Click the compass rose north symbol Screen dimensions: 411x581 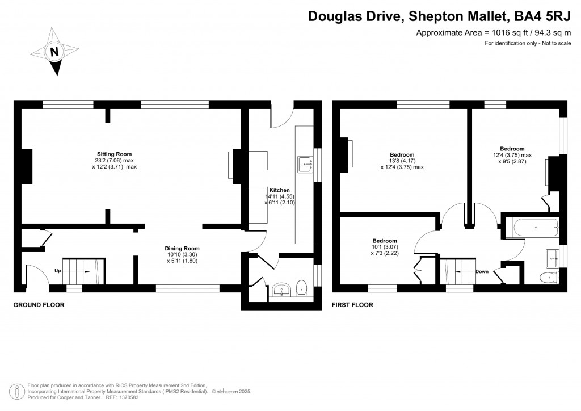[x=54, y=52]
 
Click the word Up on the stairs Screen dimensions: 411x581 [x=58, y=271]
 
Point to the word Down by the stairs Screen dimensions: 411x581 [x=482, y=272]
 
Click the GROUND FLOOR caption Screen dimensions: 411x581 [x=39, y=305]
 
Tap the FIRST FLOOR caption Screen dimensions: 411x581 [x=352, y=305]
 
